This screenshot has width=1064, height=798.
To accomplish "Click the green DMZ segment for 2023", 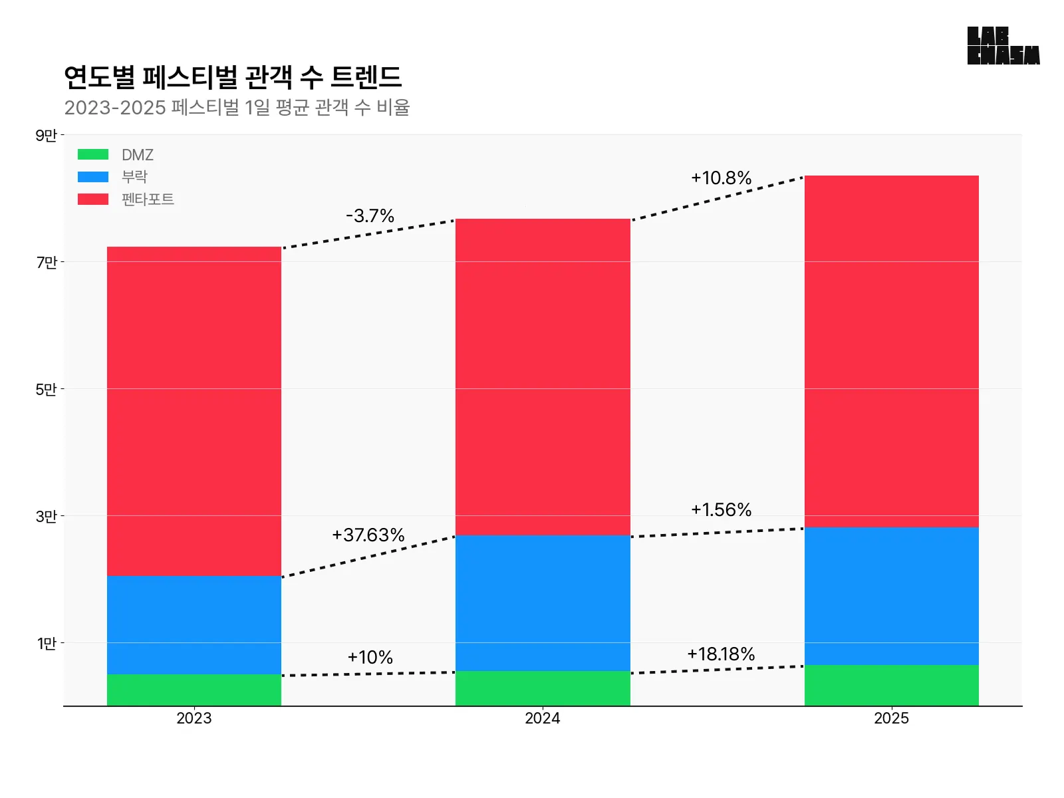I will [194, 690].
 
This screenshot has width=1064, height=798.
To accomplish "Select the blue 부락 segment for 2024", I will [543, 602].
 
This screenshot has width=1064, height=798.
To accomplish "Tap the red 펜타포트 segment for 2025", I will [891, 351].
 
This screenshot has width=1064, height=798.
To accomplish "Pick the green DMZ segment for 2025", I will [891, 686].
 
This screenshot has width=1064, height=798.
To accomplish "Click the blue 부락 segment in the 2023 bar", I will [194, 625].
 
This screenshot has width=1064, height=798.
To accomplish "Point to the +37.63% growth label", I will [368, 535].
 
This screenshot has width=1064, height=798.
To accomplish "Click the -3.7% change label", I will [370, 216].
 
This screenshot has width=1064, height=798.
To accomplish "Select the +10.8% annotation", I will [721, 178].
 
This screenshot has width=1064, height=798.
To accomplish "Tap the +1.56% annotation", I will [721, 510].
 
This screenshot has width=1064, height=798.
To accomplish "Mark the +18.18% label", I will [721, 654].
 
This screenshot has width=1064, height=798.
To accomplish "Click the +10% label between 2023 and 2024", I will [370, 658].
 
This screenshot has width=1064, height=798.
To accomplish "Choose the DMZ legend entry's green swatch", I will [93, 155].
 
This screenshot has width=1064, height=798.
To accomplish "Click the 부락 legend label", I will [134, 177].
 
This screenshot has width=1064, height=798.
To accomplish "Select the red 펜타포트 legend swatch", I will [93, 199].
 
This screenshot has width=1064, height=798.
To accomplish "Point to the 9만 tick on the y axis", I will [47, 136].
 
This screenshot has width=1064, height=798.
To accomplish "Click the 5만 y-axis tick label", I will [47, 390].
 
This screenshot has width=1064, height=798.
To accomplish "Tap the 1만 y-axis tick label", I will [47, 644].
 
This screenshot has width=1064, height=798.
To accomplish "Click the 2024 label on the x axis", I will [543, 719].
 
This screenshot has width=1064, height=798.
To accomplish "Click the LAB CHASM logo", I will [1003, 46].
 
